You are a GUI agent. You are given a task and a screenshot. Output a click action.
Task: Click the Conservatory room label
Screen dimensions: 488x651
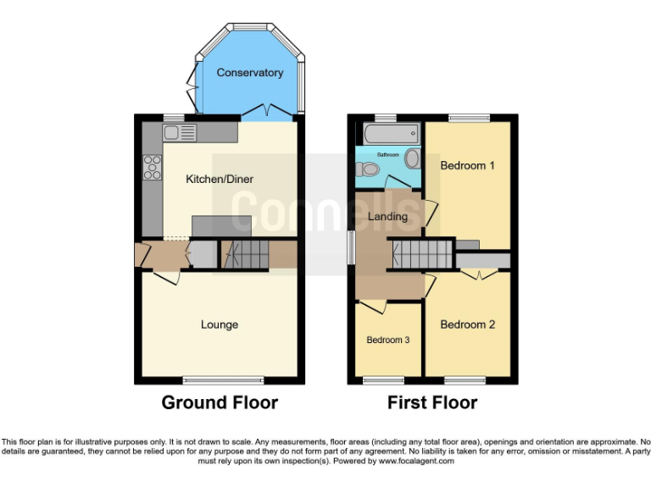click(x=249, y=73)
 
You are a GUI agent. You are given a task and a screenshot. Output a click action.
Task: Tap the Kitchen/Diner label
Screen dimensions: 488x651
click(x=220, y=179)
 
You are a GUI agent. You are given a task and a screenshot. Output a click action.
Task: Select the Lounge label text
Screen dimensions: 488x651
click(x=220, y=324)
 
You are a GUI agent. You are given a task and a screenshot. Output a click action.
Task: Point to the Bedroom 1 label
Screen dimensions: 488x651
click(x=467, y=165)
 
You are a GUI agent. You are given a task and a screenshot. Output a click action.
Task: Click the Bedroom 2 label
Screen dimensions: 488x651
click(x=467, y=324)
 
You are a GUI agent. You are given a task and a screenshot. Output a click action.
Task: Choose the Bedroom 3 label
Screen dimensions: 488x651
click(x=388, y=340)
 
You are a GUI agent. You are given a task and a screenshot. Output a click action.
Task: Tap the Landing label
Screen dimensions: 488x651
click(x=387, y=216)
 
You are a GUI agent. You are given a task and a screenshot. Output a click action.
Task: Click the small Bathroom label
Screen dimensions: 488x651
click(x=387, y=155)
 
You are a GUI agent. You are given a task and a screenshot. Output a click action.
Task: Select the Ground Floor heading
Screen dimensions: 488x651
click(x=220, y=402)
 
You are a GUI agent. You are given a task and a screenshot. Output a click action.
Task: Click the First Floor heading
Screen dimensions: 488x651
click(x=432, y=402)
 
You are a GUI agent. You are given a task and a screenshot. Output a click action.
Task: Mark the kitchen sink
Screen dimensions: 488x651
click(x=180, y=132)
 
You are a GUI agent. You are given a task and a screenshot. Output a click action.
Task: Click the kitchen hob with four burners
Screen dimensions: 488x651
click(x=153, y=168)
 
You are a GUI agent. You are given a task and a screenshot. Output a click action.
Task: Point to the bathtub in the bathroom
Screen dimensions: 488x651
click(x=390, y=134)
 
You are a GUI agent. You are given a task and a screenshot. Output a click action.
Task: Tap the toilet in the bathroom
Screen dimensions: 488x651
click(x=368, y=169)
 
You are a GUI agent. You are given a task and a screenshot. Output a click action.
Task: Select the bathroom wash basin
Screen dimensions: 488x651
click(x=413, y=158)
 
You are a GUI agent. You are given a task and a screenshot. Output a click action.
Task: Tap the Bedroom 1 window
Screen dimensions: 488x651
click(x=469, y=118)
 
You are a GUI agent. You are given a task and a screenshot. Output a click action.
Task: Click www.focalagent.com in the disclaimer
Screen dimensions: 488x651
click(x=416, y=462)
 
